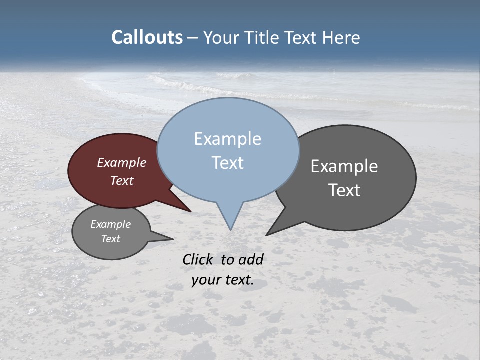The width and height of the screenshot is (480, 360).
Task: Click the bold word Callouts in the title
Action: tap(147, 37)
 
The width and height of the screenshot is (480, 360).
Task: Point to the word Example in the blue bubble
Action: tap(227, 139)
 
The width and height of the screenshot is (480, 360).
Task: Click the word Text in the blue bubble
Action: tap(227, 163)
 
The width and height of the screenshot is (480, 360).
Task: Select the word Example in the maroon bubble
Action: tap(122, 163)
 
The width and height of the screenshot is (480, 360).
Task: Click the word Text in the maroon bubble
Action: tap(122, 180)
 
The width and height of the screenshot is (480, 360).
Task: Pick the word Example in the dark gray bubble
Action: tap(344, 166)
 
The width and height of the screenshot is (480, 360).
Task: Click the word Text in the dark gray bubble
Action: tap(344, 190)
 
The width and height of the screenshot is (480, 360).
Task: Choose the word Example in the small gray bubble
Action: tap(110, 224)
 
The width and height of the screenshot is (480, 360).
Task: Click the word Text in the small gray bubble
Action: tap(110, 239)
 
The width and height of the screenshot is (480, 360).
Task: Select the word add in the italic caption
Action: tap(251, 259)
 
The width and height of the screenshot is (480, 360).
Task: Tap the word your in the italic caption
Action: tap(206, 280)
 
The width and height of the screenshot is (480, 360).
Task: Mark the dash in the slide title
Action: tap(193, 38)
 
